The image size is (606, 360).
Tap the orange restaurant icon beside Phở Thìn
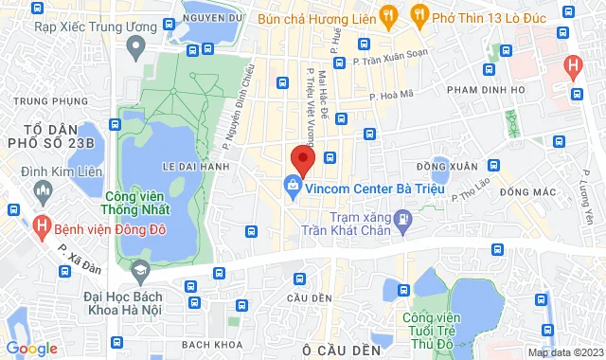point(418,14)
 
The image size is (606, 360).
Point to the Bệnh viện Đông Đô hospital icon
point(43,226)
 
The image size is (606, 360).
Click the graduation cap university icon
point(140,272)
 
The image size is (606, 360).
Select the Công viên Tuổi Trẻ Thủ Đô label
point(436,331)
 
